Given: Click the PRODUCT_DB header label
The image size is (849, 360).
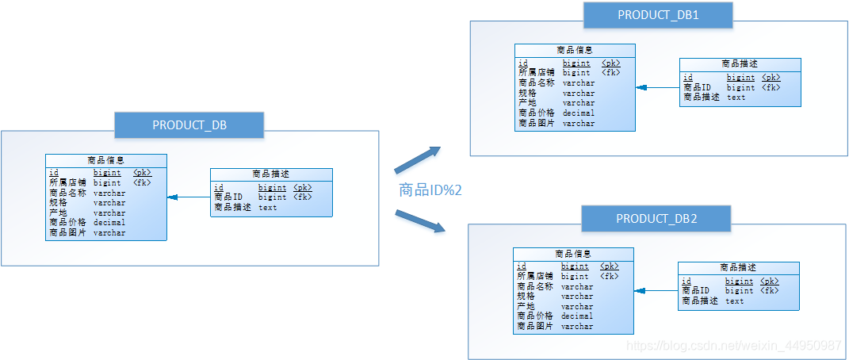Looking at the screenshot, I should pos(189,124).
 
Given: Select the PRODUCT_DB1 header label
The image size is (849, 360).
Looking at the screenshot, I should pos(657,15).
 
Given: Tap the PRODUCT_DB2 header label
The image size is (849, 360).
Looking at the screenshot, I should pos(656,218).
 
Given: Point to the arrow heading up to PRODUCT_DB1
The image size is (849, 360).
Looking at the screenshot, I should pos(418,159).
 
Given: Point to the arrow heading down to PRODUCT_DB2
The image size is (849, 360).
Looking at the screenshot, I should pos(419,221).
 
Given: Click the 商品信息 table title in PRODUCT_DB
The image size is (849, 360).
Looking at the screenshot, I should pos(105,160).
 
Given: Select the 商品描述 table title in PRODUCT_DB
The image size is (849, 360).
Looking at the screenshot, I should pos(270,174).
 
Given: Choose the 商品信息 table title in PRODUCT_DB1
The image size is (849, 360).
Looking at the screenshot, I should pos(575,50).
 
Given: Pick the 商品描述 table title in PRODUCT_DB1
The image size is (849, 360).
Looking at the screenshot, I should pos(740,63).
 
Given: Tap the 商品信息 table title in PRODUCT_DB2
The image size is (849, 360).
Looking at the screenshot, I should pos(573,254).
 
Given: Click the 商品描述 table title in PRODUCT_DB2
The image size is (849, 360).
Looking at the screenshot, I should pos(738,267).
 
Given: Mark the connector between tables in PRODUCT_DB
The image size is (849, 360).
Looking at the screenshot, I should pos(189,197).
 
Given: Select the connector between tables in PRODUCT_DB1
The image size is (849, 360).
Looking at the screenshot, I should pos(657,87).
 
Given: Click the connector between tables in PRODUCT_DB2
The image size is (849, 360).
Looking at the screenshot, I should pos(656,291).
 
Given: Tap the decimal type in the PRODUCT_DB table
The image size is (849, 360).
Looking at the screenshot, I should pos(109,223).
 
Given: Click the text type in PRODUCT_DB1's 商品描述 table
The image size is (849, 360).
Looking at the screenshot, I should pos(736,98).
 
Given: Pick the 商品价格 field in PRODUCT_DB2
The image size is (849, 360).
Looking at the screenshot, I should pos(535,316).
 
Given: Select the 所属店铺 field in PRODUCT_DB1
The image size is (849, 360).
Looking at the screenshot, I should pos(536,72).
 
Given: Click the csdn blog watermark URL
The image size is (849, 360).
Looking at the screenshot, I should pos(733,346).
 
